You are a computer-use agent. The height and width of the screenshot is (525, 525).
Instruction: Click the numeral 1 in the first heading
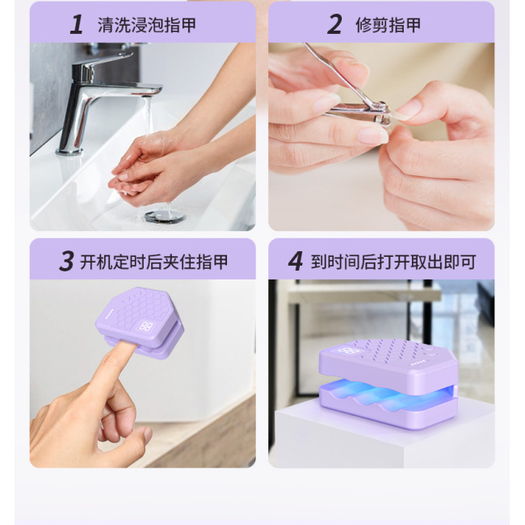tap(78, 24)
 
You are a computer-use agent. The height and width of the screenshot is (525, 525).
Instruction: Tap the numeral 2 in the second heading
tap(334, 24)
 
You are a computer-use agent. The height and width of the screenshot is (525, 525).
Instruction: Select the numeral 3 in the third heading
tap(67, 261)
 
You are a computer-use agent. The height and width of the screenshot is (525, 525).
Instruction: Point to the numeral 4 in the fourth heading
tap(296, 261)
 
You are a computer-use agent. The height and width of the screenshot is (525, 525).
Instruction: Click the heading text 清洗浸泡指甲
tap(147, 24)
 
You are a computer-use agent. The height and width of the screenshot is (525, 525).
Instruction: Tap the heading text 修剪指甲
tap(388, 24)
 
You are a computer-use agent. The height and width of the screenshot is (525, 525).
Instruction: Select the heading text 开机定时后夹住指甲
tap(154, 262)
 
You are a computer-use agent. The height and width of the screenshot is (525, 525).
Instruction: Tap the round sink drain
tap(165, 216)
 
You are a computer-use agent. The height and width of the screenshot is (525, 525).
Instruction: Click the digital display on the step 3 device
tap(147, 327)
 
